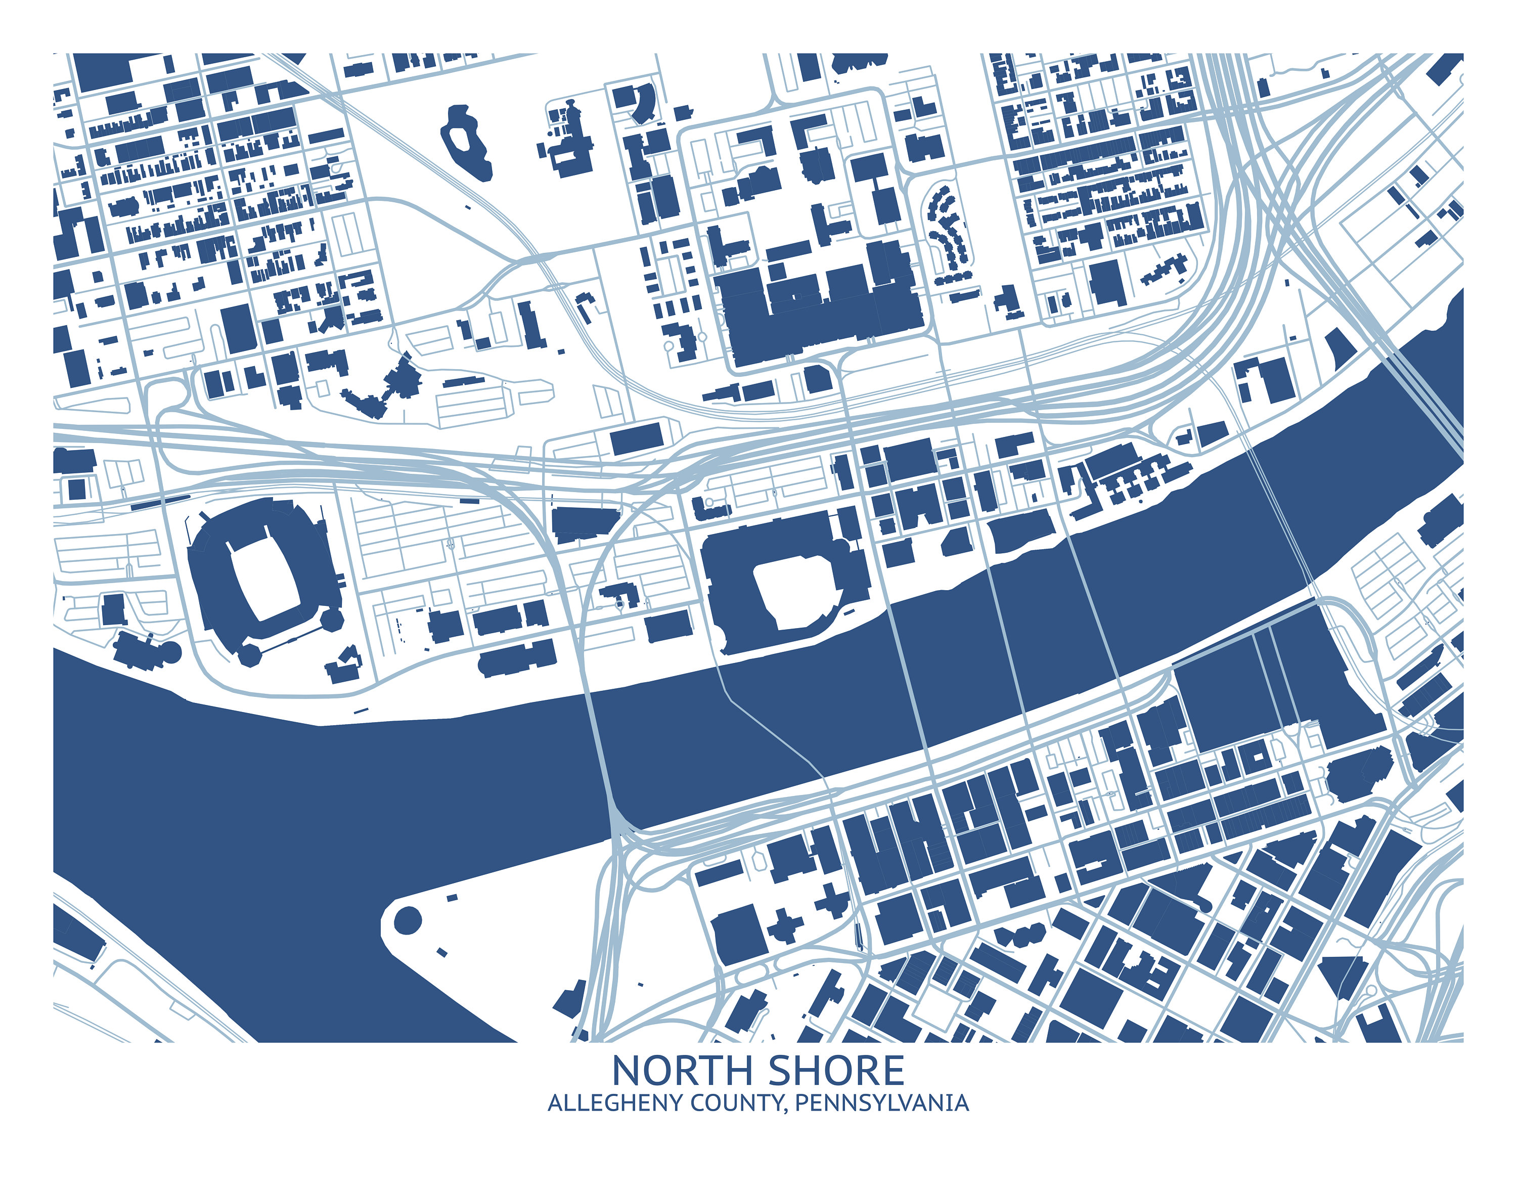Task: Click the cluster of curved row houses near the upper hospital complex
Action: [x=947, y=230]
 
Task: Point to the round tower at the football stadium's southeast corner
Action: [x=332, y=617]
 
